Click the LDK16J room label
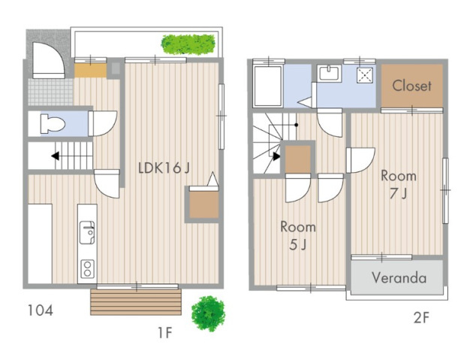tap(164, 168)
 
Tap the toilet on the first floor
tap(53, 124)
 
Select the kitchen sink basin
tap(87, 232)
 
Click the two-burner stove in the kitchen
tap(87, 269)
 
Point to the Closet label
tap(411, 86)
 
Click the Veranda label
tap(399, 277)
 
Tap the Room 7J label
tap(399, 185)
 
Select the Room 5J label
tap(298, 236)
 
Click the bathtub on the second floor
tap(268, 86)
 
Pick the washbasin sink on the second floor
tap(329, 73)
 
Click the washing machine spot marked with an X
tap(364, 75)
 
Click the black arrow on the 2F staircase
tap(276, 156)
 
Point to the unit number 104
tap(41, 310)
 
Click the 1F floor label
tap(165, 333)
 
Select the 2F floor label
tap(421, 318)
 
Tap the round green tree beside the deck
tap(208, 313)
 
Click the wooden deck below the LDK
tap(136, 302)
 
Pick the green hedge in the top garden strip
tap(188, 44)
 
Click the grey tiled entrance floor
tap(50, 92)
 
